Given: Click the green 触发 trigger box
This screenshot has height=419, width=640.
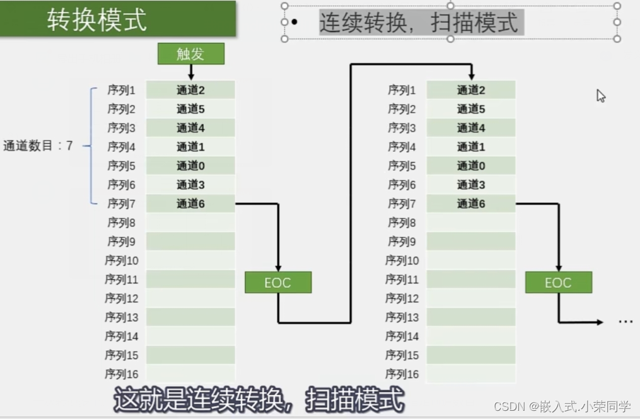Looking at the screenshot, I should tap(190, 54).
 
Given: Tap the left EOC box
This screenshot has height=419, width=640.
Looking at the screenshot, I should tap(278, 282).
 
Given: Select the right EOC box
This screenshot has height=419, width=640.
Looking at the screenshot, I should tap(558, 282).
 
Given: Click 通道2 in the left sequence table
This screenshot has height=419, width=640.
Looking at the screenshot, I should tap(190, 90).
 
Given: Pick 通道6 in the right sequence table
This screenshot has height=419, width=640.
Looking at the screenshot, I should tap(471, 204).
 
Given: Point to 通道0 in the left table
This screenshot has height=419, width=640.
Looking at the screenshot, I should tap(190, 166).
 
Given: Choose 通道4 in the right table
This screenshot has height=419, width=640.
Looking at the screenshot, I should tap(471, 128).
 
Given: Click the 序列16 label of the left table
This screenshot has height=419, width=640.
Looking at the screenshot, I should tap(122, 374).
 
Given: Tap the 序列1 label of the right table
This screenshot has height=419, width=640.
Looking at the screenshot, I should tap(402, 90).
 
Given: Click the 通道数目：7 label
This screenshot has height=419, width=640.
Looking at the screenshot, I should tap(38, 146).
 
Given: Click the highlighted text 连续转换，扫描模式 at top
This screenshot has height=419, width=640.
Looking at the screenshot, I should tap(419, 23).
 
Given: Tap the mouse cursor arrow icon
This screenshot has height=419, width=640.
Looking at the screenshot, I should tap(601, 96).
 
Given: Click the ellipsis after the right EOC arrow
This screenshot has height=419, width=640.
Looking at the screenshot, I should tap(625, 322).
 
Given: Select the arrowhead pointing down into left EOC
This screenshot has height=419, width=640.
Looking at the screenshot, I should tap(278, 267).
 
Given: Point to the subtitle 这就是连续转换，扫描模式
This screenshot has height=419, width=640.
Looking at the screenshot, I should tap(259, 399).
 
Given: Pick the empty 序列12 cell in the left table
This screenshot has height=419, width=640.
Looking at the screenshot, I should tap(190, 298).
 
